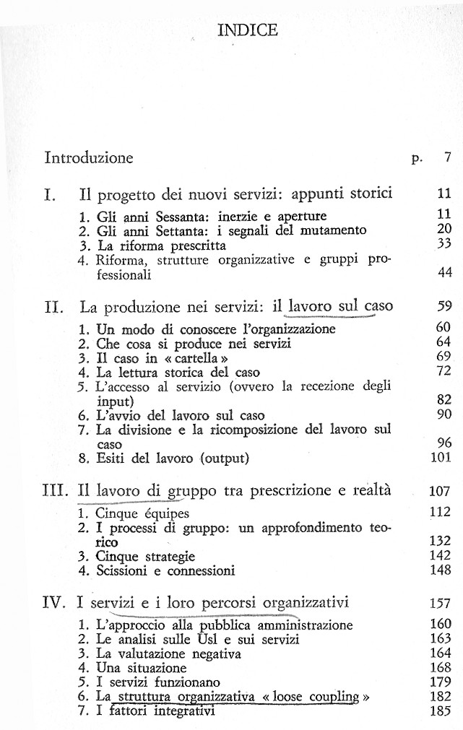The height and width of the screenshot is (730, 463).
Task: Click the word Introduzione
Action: (x=89, y=157)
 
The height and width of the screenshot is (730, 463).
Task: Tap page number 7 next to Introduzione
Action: (x=447, y=157)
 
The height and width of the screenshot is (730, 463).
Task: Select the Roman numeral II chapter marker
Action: (x=55, y=306)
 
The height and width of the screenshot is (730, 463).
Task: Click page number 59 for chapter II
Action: (x=443, y=306)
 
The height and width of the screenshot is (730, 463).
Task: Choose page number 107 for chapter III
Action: (x=439, y=492)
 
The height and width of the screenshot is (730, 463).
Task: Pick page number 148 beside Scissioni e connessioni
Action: (x=439, y=571)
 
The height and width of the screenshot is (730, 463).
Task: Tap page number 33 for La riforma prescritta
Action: (x=443, y=245)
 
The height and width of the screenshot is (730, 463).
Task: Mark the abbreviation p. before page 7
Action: (x=417, y=160)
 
